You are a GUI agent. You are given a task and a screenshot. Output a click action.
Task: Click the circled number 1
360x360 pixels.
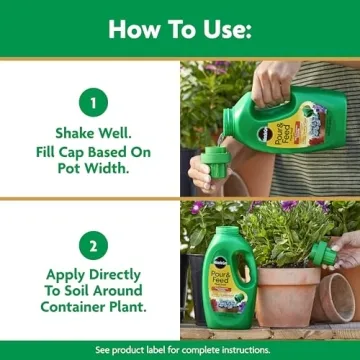pyautogui.click(x=90, y=102)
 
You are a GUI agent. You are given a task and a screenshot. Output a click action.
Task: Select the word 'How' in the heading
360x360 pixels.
pyautogui.click(x=133, y=29)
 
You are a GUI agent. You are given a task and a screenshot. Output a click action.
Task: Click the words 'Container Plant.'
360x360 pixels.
pyautogui.click(x=90, y=309)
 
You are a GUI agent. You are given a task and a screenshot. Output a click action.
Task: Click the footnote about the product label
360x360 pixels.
pyautogui.click(x=180, y=350)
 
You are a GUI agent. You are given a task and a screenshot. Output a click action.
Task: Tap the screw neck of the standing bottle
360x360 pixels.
pyautogui.click(x=224, y=236)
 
